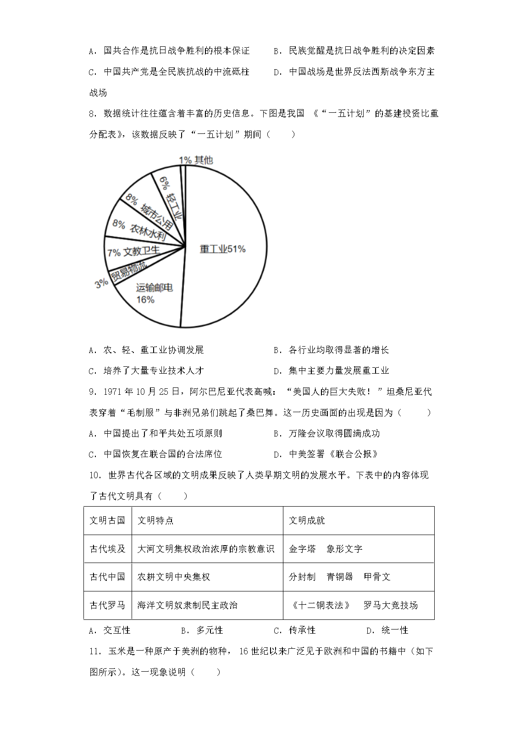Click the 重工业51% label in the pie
click(222, 249)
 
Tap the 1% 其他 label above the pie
click(196, 160)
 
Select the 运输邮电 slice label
click(154, 288)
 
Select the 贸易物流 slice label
click(129, 273)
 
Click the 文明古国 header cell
click(107, 520)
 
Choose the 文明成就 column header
click(307, 520)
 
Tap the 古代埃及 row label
click(107, 549)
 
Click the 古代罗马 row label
click(107, 605)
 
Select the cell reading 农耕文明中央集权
click(174, 577)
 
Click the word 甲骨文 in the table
click(377, 577)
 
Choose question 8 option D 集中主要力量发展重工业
click(338, 371)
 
